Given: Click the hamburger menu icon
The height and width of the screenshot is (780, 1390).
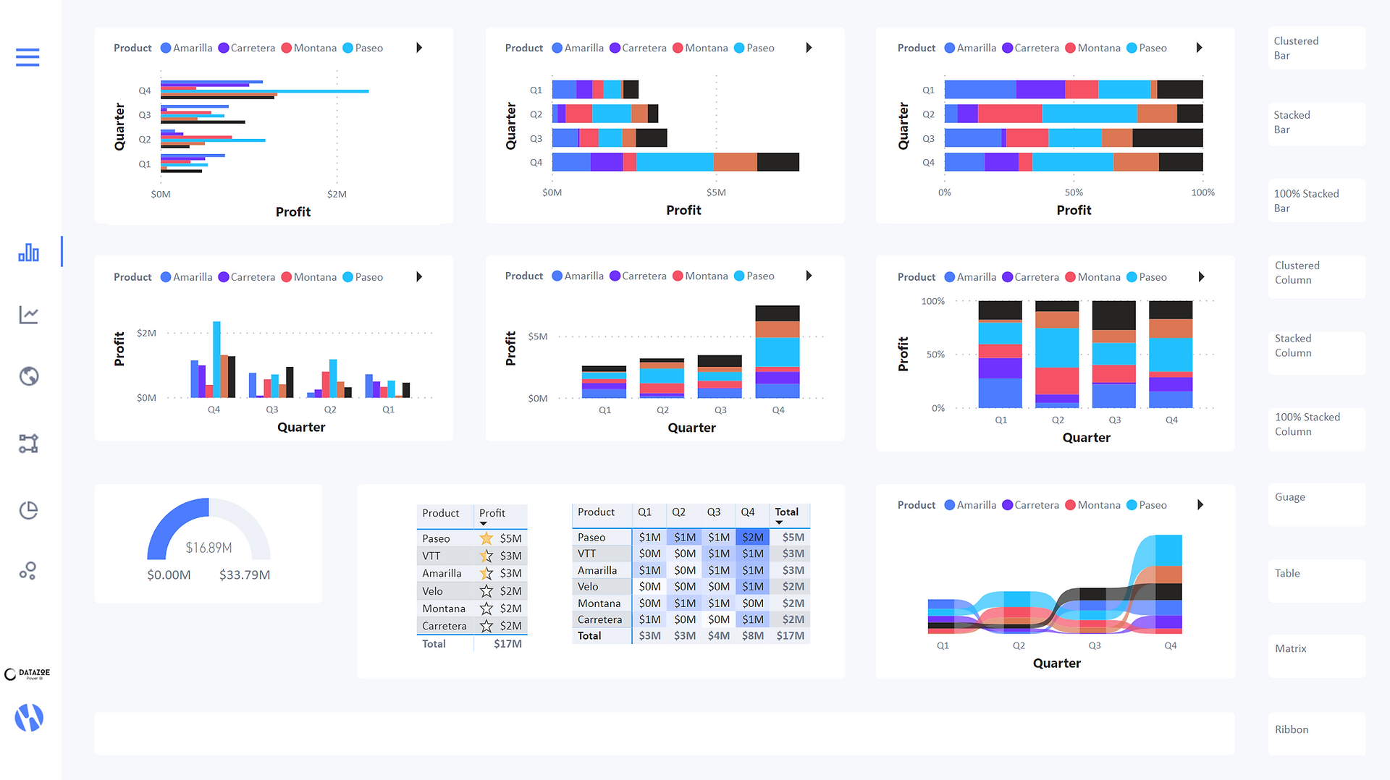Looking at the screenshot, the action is point(28,57).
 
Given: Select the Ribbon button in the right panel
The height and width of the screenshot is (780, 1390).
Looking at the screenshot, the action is point(1316,733).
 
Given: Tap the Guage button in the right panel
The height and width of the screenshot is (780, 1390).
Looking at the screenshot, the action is point(1316,504).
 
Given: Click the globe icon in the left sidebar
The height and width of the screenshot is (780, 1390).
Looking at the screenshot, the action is point(29,376).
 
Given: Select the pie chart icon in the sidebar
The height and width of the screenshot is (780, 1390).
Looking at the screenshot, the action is point(28,510).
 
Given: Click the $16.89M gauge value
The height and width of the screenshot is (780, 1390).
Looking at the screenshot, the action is point(208,548).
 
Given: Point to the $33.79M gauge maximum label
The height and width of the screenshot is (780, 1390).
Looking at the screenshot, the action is point(245,575).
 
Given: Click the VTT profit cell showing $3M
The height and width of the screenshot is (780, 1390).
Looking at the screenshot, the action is point(510,556).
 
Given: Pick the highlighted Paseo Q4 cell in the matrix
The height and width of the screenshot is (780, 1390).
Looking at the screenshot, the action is point(752,537).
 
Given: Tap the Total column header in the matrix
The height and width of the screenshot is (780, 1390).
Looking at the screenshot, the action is point(787,512).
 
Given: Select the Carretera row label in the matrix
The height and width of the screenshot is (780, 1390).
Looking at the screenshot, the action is point(599,619).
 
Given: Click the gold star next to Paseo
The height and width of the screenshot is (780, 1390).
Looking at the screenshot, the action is point(486,538).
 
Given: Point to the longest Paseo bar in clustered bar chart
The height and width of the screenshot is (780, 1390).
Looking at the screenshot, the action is point(265,91).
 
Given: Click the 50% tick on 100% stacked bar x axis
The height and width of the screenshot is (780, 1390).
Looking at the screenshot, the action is point(1074,192).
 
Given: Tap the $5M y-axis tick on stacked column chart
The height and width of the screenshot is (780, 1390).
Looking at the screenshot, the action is point(538,336).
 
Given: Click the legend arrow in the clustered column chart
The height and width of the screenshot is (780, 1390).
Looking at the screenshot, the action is point(419,277).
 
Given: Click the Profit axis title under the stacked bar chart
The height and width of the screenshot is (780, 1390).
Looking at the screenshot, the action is point(683,210).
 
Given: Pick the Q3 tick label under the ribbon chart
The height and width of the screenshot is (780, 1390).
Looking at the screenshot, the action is point(1095,645).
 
